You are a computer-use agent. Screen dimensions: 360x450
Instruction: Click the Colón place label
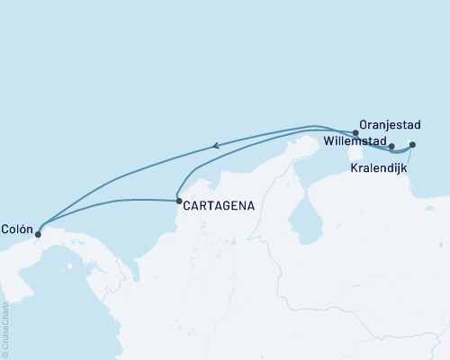coord(18,228)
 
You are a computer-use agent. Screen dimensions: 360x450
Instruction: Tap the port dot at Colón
coord(38,235)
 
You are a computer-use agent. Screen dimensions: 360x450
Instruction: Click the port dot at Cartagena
coord(179,201)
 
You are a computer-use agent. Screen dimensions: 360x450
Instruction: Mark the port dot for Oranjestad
coord(356,133)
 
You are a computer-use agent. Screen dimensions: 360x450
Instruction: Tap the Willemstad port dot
coord(391,146)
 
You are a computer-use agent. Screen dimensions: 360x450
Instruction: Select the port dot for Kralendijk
coord(412,145)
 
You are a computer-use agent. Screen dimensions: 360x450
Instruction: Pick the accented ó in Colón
coord(24,228)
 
